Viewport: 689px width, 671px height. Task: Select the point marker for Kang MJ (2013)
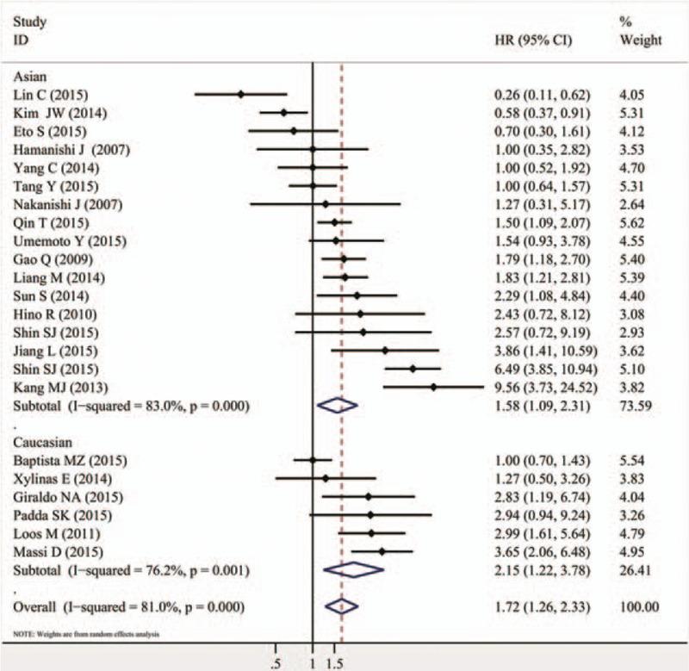coord(433,388)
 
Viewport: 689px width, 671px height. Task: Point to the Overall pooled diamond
coord(341,607)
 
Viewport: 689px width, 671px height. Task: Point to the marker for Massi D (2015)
coord(382,551)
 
